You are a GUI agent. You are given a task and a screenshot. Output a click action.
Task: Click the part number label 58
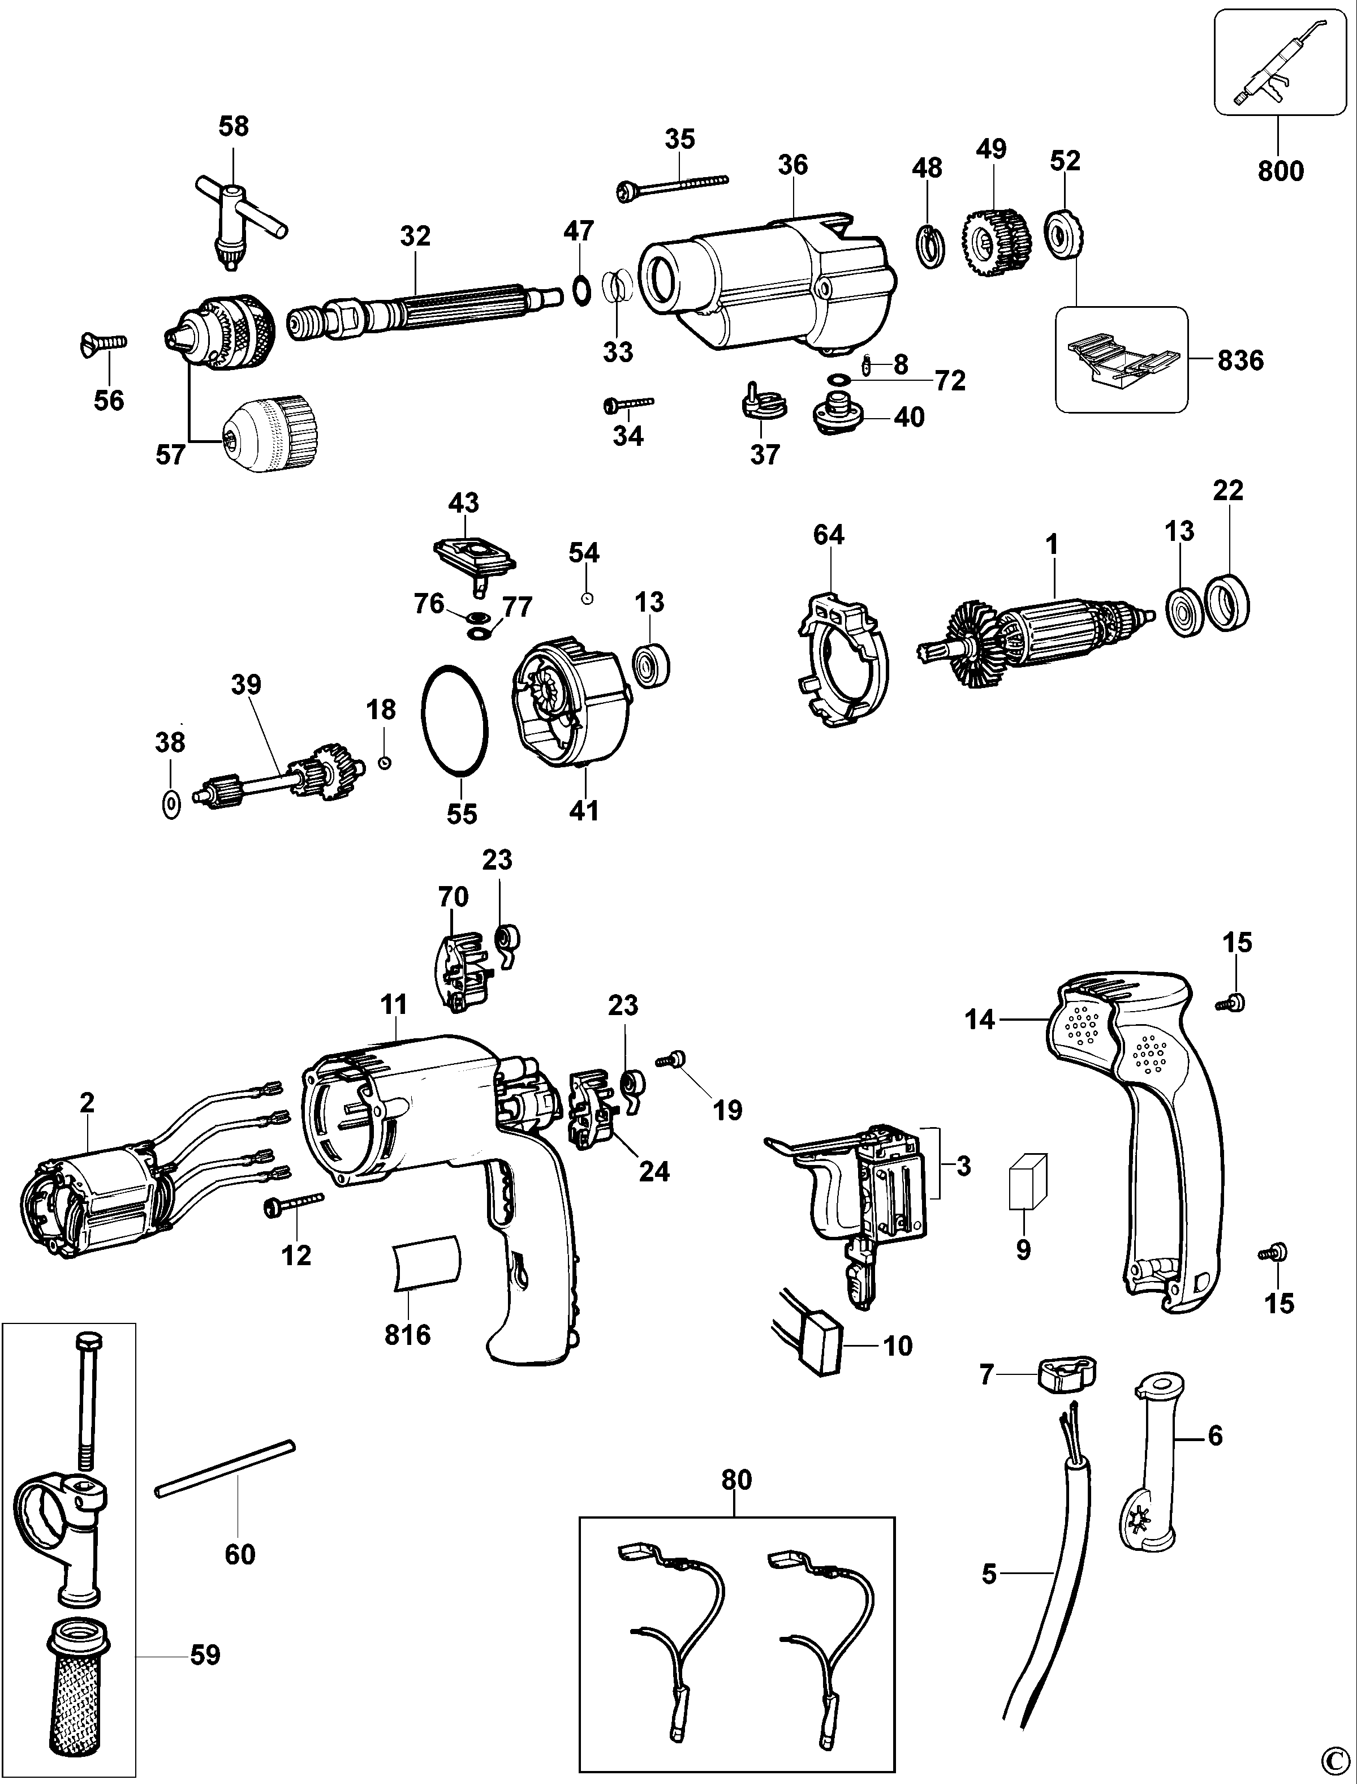234,127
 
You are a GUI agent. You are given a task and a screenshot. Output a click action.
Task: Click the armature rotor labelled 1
1042,634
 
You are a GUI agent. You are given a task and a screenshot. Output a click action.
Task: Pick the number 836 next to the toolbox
1240,360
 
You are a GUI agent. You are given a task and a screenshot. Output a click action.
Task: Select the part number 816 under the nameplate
407,1335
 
